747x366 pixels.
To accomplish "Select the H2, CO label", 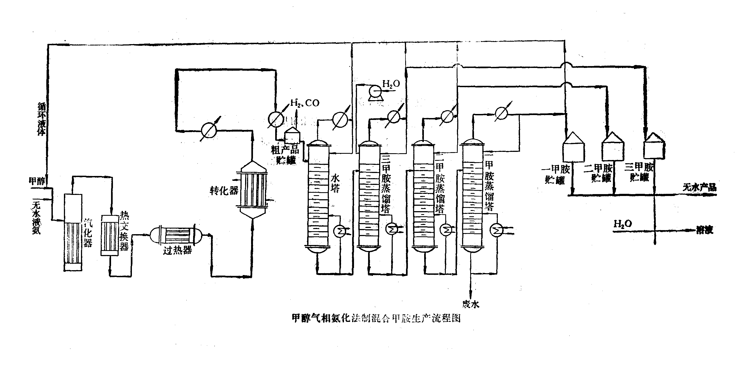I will tap(305, 103).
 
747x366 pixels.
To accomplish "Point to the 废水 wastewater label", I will tap(471, 304).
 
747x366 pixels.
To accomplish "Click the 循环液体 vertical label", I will tap(42, 119).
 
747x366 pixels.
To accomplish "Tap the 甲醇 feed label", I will tap(37, 181).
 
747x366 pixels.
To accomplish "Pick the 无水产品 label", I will tap(699, 188).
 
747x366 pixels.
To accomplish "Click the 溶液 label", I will tap(704, 230).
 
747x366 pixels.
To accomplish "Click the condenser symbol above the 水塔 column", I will tap(340, 119).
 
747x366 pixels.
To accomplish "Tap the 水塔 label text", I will tap(335, 183).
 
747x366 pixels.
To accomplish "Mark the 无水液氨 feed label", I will tap(37, 218).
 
